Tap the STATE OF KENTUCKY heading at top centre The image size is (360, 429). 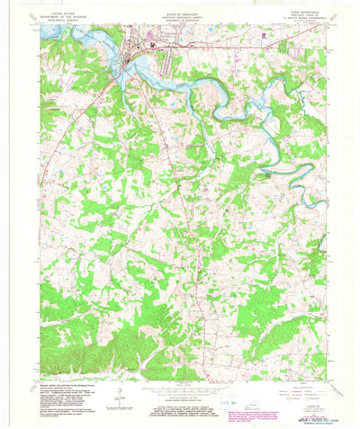click(x=180, y=15)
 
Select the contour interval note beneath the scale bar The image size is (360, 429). click(x=180, y=396)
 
